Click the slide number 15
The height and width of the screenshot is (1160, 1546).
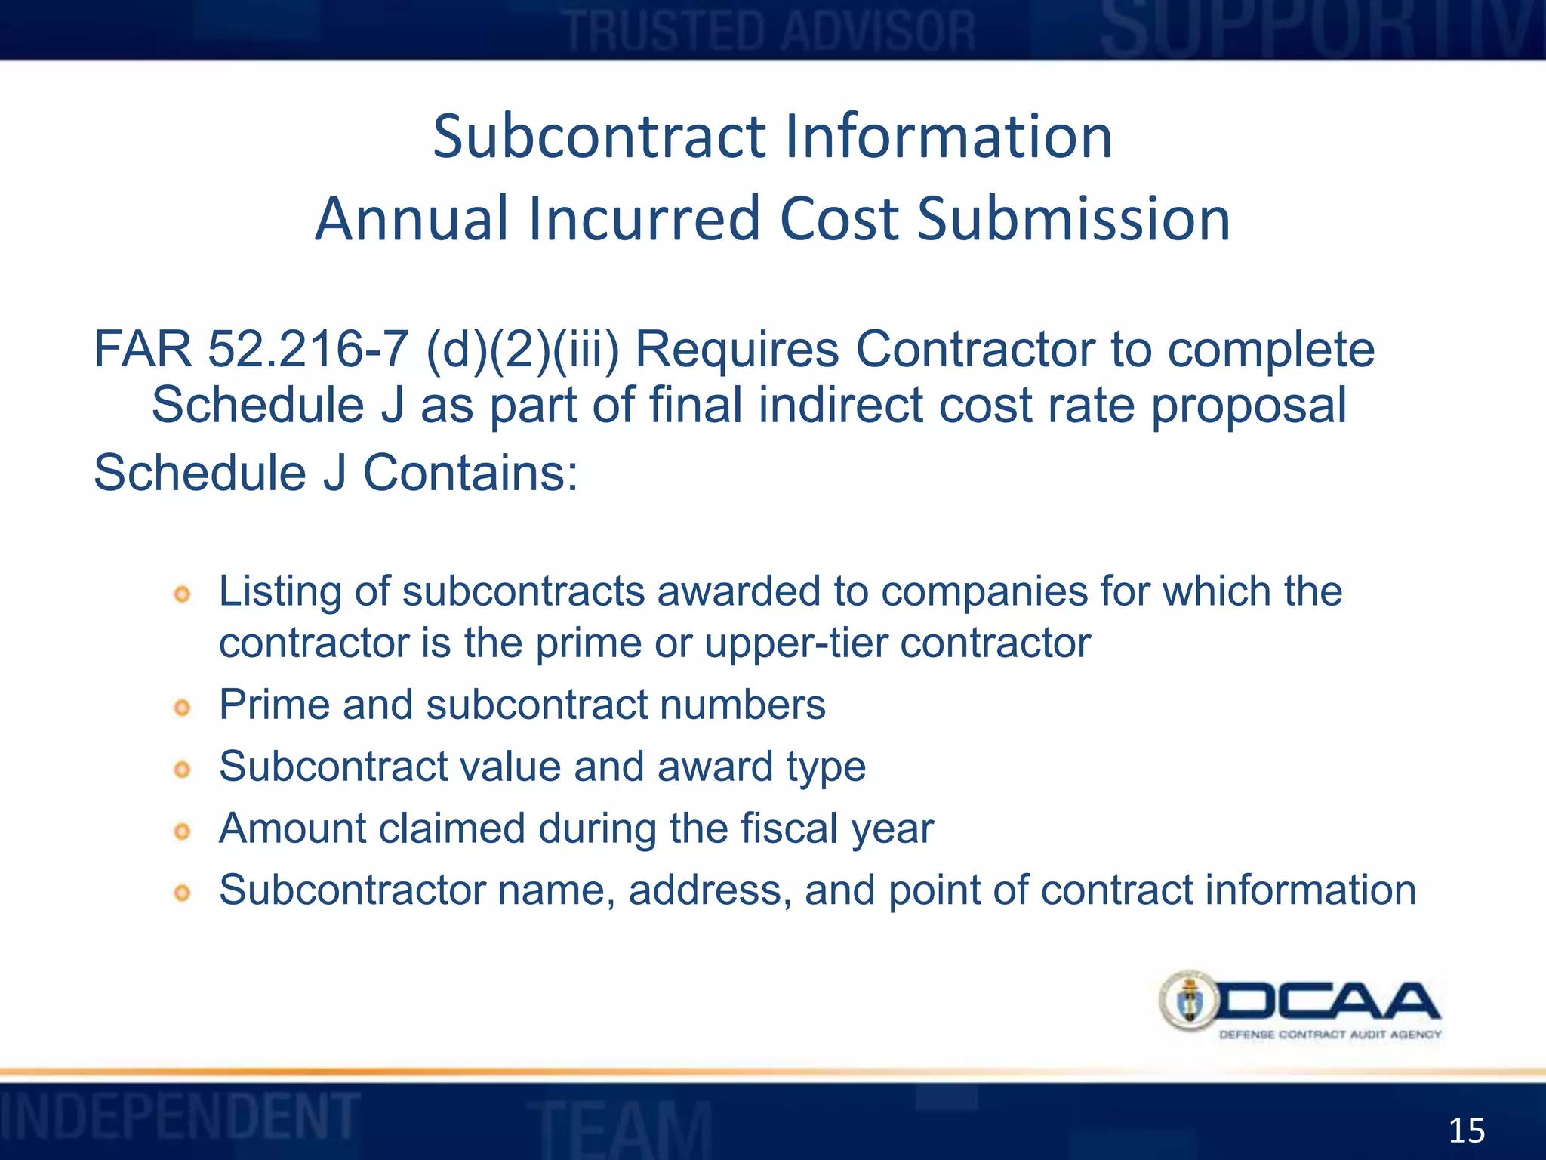(x=1466, y=1131)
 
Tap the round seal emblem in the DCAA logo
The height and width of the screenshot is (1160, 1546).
(x=1189, y=1001)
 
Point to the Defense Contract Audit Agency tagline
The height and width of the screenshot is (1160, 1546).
(x=1330, y=1035)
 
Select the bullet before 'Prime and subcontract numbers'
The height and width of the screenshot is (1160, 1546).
(x=182, y=708)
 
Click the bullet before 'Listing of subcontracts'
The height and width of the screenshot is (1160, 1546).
(x=182, y=594)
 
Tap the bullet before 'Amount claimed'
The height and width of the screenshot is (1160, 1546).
(x=182, y=831)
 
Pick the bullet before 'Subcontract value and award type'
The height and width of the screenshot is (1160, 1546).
(x=182, y=770)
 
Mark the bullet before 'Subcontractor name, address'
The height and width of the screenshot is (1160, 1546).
(x=182, y=893)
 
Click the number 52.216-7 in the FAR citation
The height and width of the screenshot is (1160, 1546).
(x=308, y=350)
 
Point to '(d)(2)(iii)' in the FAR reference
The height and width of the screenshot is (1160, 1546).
(x=522, y=350)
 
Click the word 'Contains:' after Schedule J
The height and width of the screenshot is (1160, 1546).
(x=470, y=474)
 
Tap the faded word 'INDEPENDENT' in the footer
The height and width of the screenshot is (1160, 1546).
(x=180, y=1116)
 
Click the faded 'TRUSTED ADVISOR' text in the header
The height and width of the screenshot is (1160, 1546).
(x=771, y=32)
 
